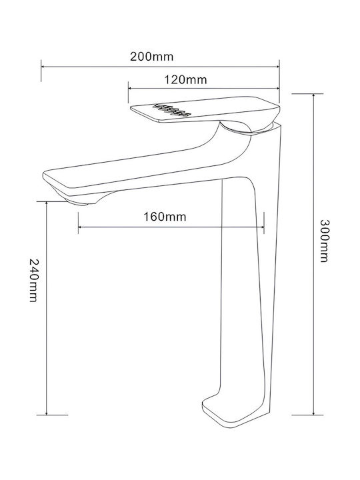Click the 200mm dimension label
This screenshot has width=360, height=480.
(x=152, y=57)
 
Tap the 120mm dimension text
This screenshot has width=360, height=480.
(x=186, y=80)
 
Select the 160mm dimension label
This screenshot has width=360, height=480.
(x=165, y=217)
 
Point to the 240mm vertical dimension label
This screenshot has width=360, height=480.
(x=33, y=280)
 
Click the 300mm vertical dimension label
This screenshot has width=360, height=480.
(x=324, y=241)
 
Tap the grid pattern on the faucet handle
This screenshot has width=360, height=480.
(x=172, y=110)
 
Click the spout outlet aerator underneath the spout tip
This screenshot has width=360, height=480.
(x=80, y=202)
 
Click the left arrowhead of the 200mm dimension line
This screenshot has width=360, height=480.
(x=43, y=66)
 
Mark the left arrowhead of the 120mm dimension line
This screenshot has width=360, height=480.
(x=130, y=88)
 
